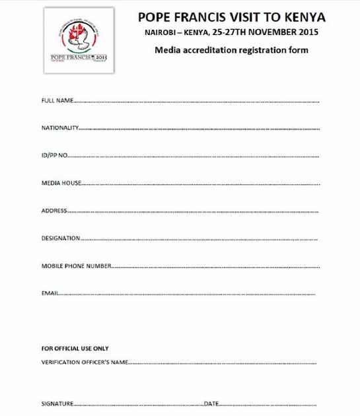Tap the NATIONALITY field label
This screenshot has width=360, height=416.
click(60, 128)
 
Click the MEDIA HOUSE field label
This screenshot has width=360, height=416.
click(61, 183)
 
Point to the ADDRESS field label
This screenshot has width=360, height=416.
click(54, 211)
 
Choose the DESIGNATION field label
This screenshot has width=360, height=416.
click(61, 238)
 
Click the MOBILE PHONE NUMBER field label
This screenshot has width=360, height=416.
click(76, 266)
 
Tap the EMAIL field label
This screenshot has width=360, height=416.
click(50, 293)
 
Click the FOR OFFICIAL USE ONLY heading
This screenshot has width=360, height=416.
click(75, 349)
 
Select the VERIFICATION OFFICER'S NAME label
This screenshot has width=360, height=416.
click(84, 363)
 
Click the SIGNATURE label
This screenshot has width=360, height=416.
click(56, 403)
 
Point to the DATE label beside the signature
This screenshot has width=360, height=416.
click(211, 403)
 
